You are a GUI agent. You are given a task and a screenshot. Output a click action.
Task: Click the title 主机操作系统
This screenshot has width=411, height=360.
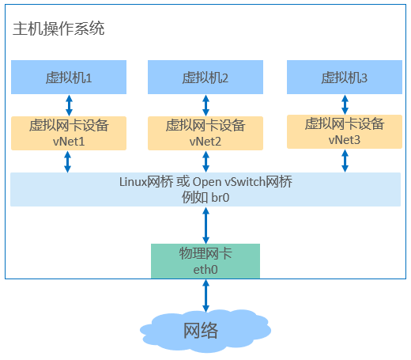coord(58,28)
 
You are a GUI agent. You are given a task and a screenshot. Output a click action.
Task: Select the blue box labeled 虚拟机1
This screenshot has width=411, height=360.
coord(69,77)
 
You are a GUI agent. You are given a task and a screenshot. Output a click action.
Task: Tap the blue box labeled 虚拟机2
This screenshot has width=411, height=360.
coord(205,77)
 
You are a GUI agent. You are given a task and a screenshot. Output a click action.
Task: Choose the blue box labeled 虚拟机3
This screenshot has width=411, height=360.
coord(345,77)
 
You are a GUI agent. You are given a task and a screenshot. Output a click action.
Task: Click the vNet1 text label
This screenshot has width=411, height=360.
coord(69,142)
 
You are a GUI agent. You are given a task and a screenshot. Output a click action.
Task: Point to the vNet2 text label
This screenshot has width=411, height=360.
coord(205,142)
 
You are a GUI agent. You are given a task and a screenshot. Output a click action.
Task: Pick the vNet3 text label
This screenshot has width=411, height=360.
coord(345,140)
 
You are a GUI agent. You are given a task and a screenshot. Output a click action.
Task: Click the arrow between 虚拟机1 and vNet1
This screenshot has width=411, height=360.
coord(69,105)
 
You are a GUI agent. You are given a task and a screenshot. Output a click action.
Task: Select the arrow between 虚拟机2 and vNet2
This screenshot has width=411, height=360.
coord(205,105)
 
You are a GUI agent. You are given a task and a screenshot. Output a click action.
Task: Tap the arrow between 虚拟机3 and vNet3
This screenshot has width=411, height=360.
coord(345,104)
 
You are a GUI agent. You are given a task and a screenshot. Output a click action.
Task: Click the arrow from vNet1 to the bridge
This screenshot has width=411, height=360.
coord(68,161)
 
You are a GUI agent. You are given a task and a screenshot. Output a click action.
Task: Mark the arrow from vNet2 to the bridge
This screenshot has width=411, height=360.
coord(205,161)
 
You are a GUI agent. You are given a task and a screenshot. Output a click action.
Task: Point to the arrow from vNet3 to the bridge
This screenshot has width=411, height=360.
coord(345,161)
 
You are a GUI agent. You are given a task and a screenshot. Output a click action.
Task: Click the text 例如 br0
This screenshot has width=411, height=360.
coord(205,198)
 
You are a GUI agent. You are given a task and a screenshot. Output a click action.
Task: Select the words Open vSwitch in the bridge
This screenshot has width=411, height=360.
coord(229,182)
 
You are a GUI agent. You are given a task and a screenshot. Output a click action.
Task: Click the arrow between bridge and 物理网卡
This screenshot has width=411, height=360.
coord(205,225)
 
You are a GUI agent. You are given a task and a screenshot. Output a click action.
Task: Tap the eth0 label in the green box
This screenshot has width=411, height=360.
coord(205,270)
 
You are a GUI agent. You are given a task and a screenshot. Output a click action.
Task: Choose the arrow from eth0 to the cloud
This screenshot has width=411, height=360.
coord(205,296)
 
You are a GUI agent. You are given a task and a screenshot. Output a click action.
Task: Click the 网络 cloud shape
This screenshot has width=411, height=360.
coord(205,331)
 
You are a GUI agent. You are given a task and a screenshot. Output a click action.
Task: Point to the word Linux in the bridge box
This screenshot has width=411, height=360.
coord(133,182)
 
